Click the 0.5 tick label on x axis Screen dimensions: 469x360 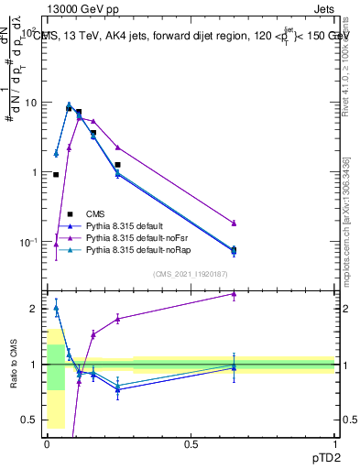191,444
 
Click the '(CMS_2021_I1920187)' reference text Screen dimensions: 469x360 190,273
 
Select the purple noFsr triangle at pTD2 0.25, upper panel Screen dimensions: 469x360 117,147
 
